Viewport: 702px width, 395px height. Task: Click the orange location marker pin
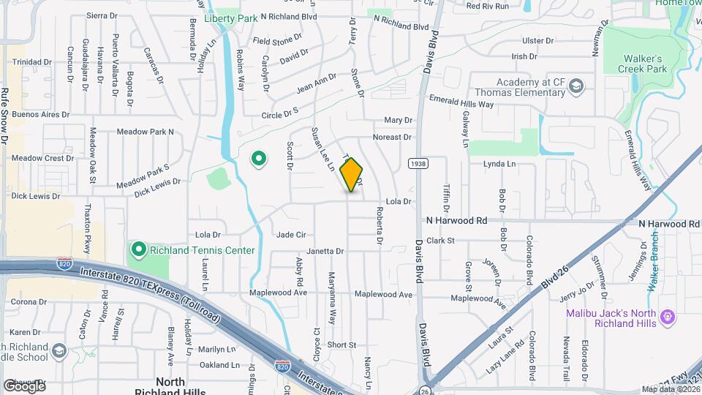pos(351,174)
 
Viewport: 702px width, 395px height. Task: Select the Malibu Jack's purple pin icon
pos(666,317)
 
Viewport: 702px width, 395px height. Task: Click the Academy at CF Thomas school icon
pos(576,87)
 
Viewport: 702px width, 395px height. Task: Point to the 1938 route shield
pos(418,164)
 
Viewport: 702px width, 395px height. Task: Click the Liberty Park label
pos(230,18)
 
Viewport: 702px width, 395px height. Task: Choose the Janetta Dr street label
pos(325,251)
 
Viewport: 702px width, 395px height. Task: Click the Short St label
pos(341,345)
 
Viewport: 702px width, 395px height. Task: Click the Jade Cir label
pos(290,234)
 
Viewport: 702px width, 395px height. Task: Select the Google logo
pos(23,385)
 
